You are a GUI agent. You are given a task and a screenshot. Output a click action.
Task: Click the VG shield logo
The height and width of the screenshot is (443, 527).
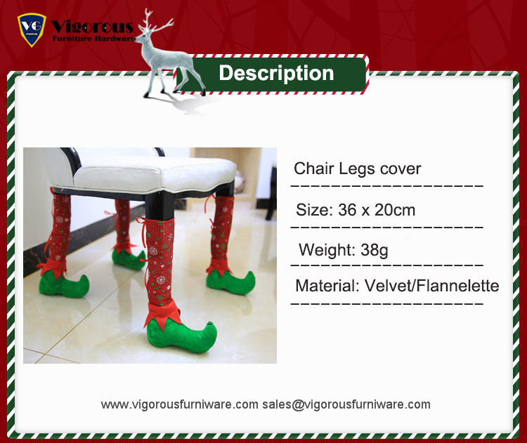[x=32, y=29]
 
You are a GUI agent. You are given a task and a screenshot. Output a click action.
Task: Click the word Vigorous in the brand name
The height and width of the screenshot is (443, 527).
[x=93, y=27]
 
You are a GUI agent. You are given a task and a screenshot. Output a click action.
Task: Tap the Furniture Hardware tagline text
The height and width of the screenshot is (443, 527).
[x=93, y=39]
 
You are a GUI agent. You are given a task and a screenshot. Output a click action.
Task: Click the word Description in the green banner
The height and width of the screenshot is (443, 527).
[x=276, y=73]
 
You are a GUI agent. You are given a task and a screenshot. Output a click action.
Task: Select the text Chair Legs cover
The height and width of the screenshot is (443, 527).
[x=357, y=168]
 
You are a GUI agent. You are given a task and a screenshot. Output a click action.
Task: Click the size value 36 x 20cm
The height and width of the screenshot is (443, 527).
[x=377, y=210]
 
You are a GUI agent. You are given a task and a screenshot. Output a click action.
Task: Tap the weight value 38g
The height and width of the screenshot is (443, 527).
[x=374, y=250]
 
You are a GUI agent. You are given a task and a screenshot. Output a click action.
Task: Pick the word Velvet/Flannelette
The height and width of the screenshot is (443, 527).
[x=432, y=286]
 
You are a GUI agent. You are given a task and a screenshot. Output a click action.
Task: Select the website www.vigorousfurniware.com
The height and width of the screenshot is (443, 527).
[x=179, y=404]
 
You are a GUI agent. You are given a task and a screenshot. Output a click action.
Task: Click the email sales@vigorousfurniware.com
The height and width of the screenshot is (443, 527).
[x=346, y=404]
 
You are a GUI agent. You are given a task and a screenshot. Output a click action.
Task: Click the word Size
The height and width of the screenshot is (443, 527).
[x=314, y=210]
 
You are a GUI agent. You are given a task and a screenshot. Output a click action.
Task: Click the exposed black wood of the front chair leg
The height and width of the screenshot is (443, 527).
[x=160, y=206]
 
